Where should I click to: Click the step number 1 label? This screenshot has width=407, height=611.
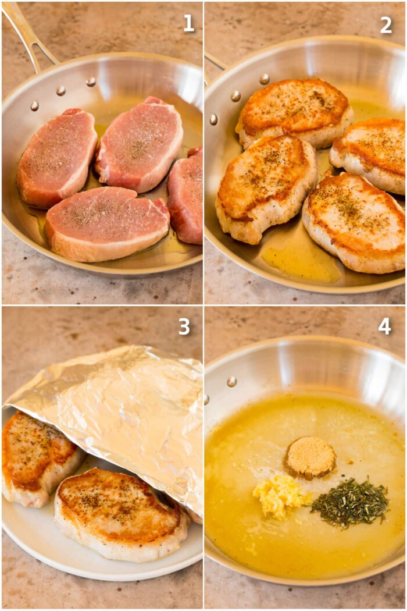coord(188,23)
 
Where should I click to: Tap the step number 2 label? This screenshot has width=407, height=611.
coord(386,24)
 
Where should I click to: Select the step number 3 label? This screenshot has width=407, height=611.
coord(184,326)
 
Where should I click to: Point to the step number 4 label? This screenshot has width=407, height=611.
coord(385,326)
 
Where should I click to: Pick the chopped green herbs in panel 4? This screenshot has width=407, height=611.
coord(350,502)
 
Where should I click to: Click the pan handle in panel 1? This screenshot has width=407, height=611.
coord(29,35)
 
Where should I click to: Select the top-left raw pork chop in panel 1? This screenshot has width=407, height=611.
coord(56,157)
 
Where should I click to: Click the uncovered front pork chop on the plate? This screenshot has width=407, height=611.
coord(119,515)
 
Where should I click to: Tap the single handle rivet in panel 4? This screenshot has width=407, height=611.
coord(231,381)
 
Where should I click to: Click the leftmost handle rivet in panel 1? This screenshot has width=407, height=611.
coord(34,106)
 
